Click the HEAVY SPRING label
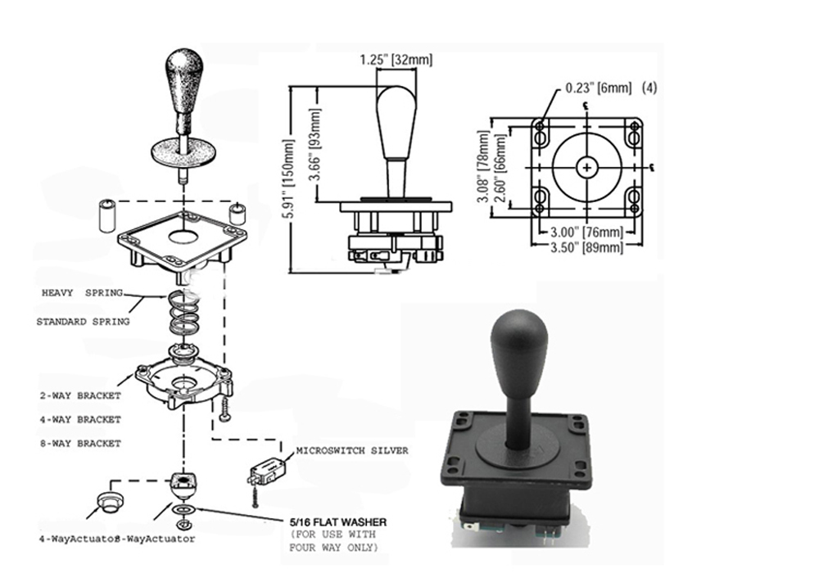tap(81, 292)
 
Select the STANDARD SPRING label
tap(83, 322)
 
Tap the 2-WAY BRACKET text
tap(80, 395)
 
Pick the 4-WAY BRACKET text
tap(80, 419)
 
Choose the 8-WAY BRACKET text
tap(80, 443)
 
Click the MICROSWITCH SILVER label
tap(351, 450)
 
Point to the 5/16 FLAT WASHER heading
tap(336, 521)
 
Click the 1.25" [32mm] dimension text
tap(396, 60)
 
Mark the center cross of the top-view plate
tap(586, 167)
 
